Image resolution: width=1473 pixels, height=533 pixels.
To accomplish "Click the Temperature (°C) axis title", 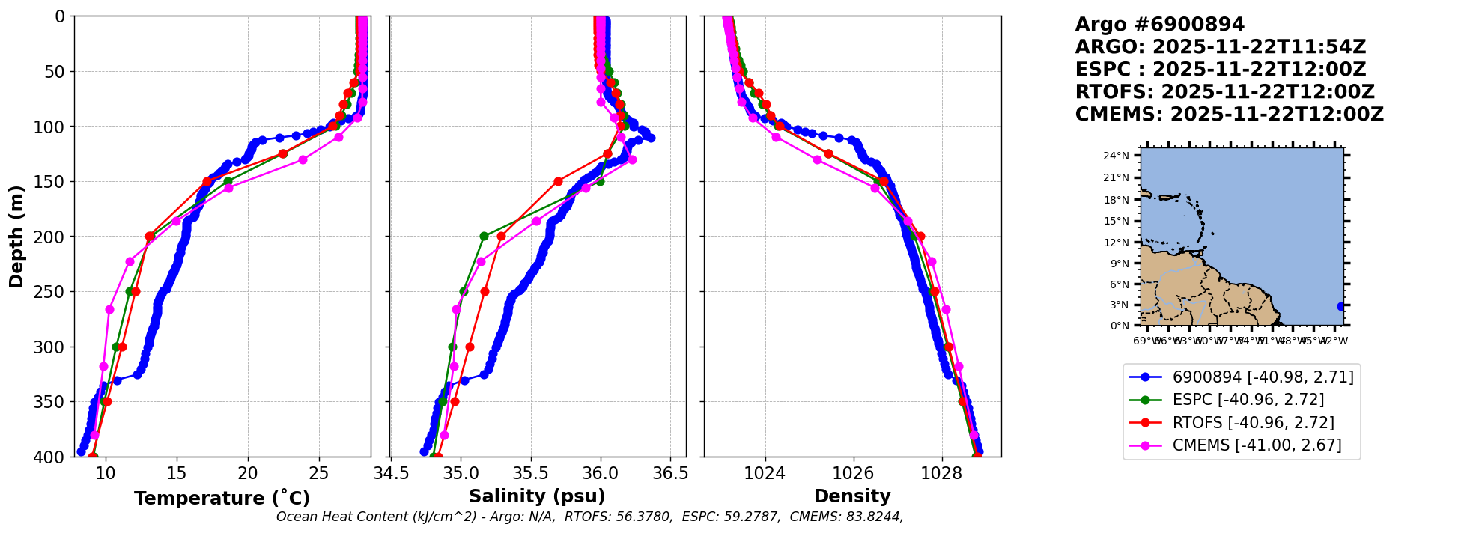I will pos(222,499).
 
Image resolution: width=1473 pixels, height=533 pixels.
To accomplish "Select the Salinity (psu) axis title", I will pos(537,496).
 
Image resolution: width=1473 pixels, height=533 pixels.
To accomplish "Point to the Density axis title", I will pos(852,496).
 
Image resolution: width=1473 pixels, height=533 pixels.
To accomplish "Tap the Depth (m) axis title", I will pos(16,237).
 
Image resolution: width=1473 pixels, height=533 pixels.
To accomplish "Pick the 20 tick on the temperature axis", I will pos(248,473).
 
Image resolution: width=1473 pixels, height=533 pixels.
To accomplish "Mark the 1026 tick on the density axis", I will pos(853,473).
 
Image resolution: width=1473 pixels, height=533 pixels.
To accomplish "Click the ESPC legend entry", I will pos(1248,400).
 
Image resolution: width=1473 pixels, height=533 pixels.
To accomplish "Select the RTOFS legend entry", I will pos(1253,423).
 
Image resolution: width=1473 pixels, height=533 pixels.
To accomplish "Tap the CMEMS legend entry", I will pos(1257,445).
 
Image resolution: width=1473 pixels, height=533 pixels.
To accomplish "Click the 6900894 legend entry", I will pos(1263,377).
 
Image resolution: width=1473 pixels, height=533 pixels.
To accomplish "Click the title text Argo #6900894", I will pos(1159,25).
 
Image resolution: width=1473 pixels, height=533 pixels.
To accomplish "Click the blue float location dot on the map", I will pos(1340,306).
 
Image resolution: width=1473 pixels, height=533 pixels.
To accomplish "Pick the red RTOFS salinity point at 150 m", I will pos(558,181).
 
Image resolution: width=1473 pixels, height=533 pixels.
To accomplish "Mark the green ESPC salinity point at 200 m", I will pos(484,236).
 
